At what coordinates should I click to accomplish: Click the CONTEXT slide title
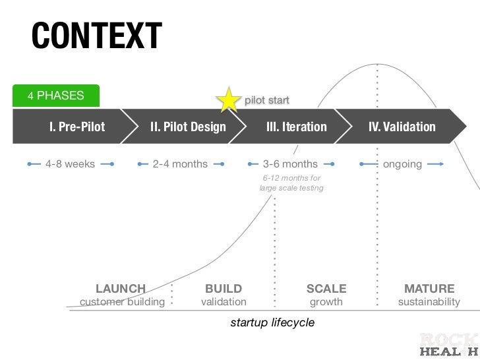coord(96,36)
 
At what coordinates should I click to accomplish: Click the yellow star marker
coord(229,100)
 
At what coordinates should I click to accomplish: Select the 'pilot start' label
coord(267,101)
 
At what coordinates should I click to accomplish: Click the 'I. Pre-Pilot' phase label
coord(77,127)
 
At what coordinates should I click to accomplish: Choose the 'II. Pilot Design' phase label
coord(188,127)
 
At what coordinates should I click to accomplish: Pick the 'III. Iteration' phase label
coord(296,127)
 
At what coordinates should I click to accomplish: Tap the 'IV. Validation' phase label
coord(402,127)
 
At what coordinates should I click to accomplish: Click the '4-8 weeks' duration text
coord(70,164)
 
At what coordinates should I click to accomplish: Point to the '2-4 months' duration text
coord(180,164)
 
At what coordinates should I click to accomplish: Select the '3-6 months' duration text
coord(290,164)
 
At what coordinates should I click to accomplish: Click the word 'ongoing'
coord(402,164)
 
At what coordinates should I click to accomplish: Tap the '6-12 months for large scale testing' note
coord(291,183)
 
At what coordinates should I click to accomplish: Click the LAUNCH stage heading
coord(121,289)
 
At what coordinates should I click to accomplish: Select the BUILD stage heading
coord(224,289)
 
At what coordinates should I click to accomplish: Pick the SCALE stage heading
coord(326,289)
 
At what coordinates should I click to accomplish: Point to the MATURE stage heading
coord(429,289)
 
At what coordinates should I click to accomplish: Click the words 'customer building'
coord(122,302)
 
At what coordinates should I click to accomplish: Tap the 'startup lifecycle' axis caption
coord(272,323)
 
